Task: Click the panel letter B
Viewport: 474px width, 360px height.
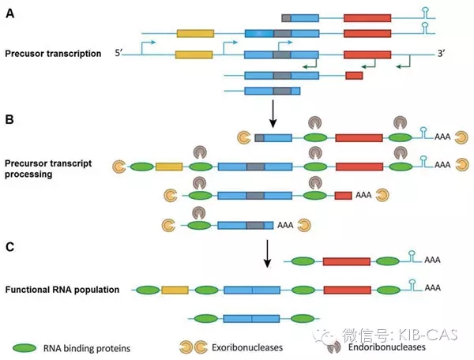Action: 10,121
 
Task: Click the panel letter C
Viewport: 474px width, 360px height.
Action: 10,246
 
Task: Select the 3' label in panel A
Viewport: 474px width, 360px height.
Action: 441,54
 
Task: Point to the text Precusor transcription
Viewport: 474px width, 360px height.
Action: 52,54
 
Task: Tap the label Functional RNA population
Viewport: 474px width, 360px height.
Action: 62,290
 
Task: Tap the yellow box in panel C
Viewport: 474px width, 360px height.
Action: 174,290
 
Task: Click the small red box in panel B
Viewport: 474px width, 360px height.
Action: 343,194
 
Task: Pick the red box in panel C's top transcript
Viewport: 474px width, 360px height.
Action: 347,261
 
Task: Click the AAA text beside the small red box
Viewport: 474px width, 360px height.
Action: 363,194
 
